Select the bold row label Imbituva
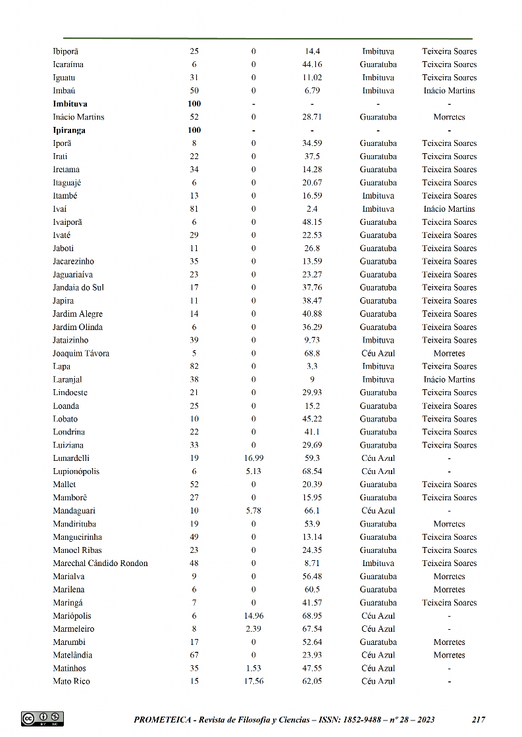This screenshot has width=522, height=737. [x=70, y=104]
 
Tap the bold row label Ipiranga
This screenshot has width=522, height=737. [x=69, y=130]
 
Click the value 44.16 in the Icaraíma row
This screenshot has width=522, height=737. [x=312, y=64]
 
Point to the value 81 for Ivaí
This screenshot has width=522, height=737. [x=194, y=209]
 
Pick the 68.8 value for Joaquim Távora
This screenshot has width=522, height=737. [x=312, y=354]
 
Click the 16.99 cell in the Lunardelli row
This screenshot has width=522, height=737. [x=253, y=458]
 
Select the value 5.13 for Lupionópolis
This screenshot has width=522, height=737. [x=253, y=471]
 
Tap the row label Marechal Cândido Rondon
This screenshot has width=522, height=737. [x=100, y=563]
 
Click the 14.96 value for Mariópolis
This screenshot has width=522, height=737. [x=253, y=616]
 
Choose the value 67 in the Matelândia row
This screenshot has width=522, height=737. [x=194, y=655]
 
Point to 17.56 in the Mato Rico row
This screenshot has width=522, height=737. [x=253, y=682]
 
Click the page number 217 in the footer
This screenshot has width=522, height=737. [x=479, y=720]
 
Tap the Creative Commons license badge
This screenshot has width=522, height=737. [x=42, y=719]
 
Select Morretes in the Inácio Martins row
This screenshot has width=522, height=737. [x=449, y=117]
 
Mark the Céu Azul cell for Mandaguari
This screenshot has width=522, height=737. [x=378, y=511]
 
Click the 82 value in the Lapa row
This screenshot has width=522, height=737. [x=194, y=367]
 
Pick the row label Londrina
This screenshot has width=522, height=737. [x=68, y=432]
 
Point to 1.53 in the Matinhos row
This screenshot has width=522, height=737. [x=253, y=669]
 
